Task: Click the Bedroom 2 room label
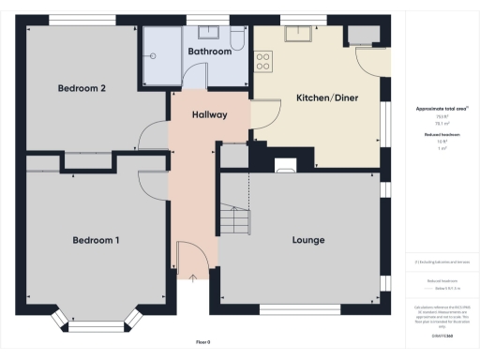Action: [x=82, y=88]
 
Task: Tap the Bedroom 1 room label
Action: [x=96, y=240]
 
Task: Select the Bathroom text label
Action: [x=209, y=52]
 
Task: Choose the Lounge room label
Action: [x=307, y=240]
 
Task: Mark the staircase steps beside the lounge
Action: [x=235, y=220]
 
